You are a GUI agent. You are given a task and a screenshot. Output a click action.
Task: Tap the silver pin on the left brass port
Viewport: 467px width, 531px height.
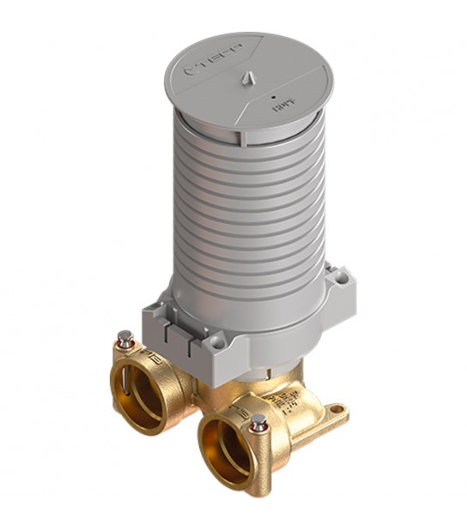point(125,337)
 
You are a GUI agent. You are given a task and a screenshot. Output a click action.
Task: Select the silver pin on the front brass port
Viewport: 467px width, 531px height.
point(258,421)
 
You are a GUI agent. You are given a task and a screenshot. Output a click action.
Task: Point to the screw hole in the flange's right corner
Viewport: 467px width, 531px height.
point(343,277)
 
